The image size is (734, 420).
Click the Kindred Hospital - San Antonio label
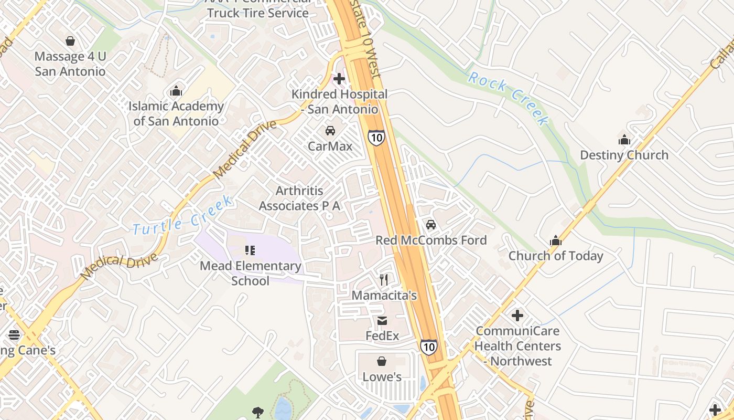(x=340, y=102)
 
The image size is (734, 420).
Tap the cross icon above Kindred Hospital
(x=339, y=79)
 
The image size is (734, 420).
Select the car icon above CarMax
(x=330, y=130)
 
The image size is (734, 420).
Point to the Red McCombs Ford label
(x=431, y=240)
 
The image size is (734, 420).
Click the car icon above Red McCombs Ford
(x=431, y=225)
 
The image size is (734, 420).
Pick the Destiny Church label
(x=624, y=155)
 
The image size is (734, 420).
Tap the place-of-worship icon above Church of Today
(x=556, y=241)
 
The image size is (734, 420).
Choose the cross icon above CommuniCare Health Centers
(x=517, y=316)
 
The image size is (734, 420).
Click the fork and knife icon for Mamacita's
(x=384, y=280)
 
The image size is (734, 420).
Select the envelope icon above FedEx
(x=382, y=320)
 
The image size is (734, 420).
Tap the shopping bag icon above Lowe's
(x=382, y=361)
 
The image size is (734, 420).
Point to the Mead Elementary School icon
(x=250, y=250)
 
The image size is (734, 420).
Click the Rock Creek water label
(x=508, y=98)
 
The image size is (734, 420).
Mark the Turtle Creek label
(x=182, y=215)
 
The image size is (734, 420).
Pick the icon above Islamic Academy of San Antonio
(x=176, y=91)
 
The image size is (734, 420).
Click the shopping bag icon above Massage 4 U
(x=70, y=41)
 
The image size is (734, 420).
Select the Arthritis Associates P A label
(x=299, y=198)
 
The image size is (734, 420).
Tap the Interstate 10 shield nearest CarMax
(x=376, y=138)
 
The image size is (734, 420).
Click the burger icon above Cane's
(x=14, y=334)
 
